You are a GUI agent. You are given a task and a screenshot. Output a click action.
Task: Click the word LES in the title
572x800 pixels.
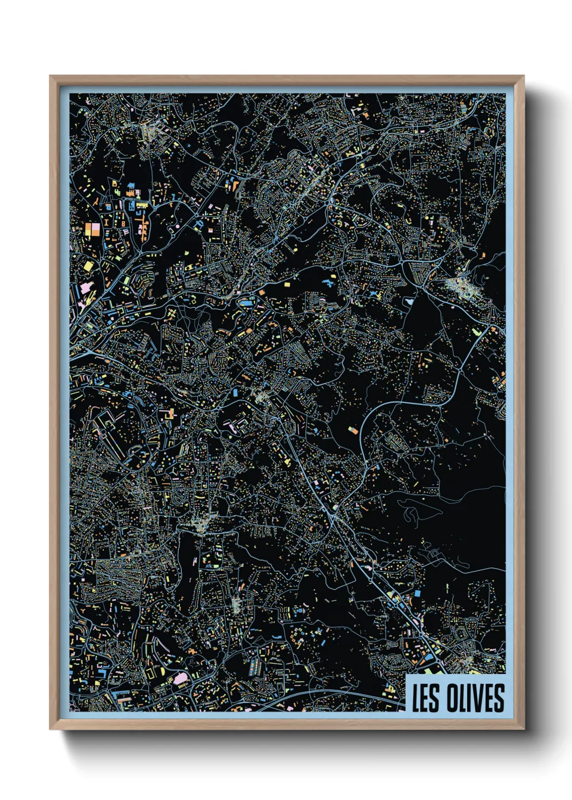point(425,698)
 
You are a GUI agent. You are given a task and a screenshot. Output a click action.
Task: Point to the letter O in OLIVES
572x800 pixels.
point(450,698)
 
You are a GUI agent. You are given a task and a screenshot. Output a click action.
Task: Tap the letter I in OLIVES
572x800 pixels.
point(469,698)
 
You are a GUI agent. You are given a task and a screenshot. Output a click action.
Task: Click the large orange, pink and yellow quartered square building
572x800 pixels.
point(92,229)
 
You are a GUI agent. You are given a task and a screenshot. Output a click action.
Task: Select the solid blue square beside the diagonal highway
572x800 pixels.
point(417,594)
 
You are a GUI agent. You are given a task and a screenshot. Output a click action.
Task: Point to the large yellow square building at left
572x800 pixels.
point(88,266)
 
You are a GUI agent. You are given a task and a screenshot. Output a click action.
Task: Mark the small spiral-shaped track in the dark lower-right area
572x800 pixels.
point(433,552)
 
